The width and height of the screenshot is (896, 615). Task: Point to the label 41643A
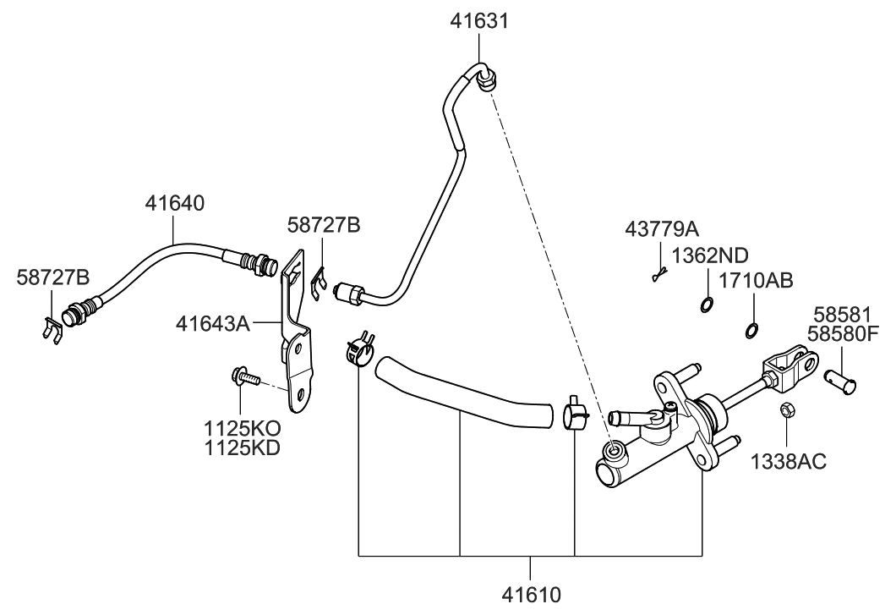pos(214,323)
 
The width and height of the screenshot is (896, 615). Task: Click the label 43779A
pos(662,229)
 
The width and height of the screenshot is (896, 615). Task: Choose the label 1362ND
pos(710,255)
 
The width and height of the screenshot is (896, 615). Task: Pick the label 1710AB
pos(755,282)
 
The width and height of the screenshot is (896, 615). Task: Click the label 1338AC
pos(788,461)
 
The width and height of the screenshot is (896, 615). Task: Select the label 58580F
pos(846,334)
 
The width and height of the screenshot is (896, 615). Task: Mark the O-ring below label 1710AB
pos(751,329)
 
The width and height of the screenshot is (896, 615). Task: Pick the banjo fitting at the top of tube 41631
pos(487,83)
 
